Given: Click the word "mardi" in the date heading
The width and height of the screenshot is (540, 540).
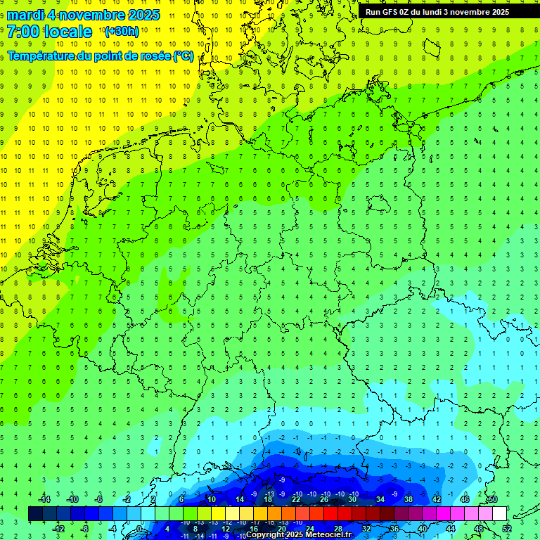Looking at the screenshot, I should [25, 15].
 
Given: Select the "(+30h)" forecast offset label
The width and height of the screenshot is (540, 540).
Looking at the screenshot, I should [121, 32].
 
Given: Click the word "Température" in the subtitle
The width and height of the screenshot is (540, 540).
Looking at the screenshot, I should [43, 56].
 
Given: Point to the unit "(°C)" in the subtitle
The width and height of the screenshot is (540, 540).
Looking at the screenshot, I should [184, 56].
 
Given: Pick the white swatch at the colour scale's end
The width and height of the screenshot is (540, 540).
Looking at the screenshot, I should [499, 514].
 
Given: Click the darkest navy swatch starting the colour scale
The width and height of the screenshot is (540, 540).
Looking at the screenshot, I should [35, 514].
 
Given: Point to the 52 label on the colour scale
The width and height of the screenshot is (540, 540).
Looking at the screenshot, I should [507, 529].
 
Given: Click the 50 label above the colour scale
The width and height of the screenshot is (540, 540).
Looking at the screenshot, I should [493, 499].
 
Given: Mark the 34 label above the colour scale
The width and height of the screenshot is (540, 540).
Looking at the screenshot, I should [380, 499].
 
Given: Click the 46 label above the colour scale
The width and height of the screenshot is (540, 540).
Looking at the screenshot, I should [465, 499].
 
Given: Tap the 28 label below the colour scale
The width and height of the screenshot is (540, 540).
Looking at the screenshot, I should [338, 529].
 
